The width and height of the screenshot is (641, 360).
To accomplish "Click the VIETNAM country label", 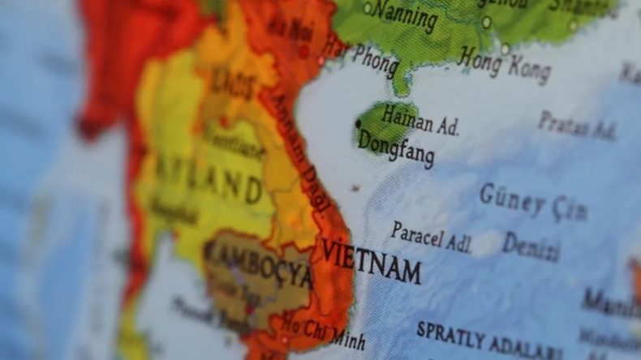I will pyautogui.click(x=371, y=259).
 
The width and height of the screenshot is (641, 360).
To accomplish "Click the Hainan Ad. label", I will pyautogui.click(x=420, y=121).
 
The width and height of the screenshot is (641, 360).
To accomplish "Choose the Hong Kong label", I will pyautogui.click(x=505, y=65).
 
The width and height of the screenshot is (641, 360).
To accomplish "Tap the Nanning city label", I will pyautogui.click(x=406, y=16).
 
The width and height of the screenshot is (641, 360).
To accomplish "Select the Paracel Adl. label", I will pyautogui.click(x=431, y=237).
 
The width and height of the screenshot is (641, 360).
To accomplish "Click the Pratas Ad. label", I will pyautogui.click(x=577, y=125).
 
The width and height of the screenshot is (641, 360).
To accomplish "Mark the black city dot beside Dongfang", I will pyautogui.click(x=358, y=124).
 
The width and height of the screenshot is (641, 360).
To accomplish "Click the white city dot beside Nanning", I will pyautogui.click(x=367, y=8).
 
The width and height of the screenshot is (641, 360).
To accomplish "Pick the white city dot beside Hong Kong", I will pyautogui.click(x=505, y=49).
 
